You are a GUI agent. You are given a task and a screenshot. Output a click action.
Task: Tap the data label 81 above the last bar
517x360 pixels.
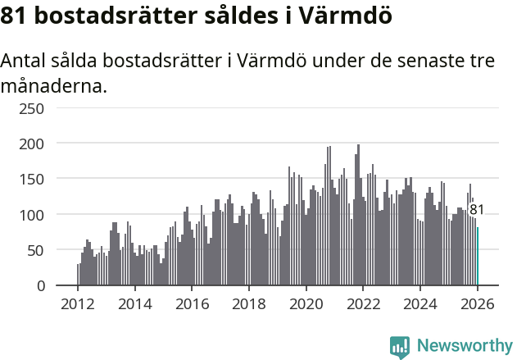[x=477, y=210]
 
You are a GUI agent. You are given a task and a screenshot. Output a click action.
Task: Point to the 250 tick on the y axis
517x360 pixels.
[x=32, y=108]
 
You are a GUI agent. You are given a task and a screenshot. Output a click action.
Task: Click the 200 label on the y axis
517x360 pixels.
[x=32, y=144]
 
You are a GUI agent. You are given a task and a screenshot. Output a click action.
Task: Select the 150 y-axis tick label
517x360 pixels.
[x=32, y=179]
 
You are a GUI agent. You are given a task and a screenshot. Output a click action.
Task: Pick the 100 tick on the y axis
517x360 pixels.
[x=32, y=215]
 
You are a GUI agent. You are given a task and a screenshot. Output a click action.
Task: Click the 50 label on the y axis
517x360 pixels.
[x=36, y=250]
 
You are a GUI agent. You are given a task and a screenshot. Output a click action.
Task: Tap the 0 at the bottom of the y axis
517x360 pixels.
[x=40, y=285]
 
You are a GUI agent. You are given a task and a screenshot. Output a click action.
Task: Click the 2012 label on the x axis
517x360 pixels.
[x=78, y=304]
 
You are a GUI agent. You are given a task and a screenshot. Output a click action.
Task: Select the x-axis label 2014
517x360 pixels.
[x=135, y=304]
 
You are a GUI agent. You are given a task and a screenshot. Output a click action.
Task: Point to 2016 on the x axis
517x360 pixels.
[x=192, y=304]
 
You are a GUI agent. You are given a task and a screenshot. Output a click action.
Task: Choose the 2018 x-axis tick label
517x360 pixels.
[x=249, y=304]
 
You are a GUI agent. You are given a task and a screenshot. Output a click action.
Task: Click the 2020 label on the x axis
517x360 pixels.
[x=306, y=304]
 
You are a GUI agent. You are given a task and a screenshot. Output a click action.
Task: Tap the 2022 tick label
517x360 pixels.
[x=363, y=304]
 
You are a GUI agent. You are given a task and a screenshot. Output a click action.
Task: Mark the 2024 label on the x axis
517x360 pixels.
[x=420, y=304]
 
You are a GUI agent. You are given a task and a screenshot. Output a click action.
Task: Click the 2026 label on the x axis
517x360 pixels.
[x=477, y=304]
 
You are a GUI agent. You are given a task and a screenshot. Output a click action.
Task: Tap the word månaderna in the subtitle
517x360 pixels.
[x=54, y=85]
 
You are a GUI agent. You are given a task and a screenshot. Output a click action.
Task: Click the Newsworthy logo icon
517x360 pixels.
[x=400, y=347]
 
